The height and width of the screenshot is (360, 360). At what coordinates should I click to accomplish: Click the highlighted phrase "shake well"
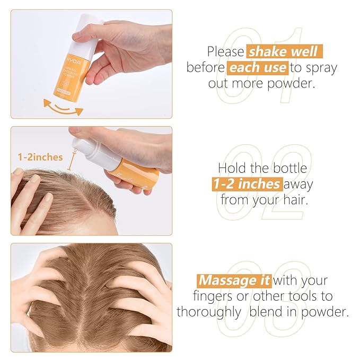pyautogui.click(x=284, y=52)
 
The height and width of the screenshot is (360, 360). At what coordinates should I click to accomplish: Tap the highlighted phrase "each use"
pyautogui.click(x=258, y=68)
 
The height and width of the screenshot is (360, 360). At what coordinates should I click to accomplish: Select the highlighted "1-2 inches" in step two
pyautogui.click(x=247, y=185)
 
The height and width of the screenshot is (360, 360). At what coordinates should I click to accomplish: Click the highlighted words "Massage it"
pyautogui.click(x=234, y=279)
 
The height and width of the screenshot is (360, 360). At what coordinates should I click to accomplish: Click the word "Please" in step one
pyautogui.click(x=225, y=52)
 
